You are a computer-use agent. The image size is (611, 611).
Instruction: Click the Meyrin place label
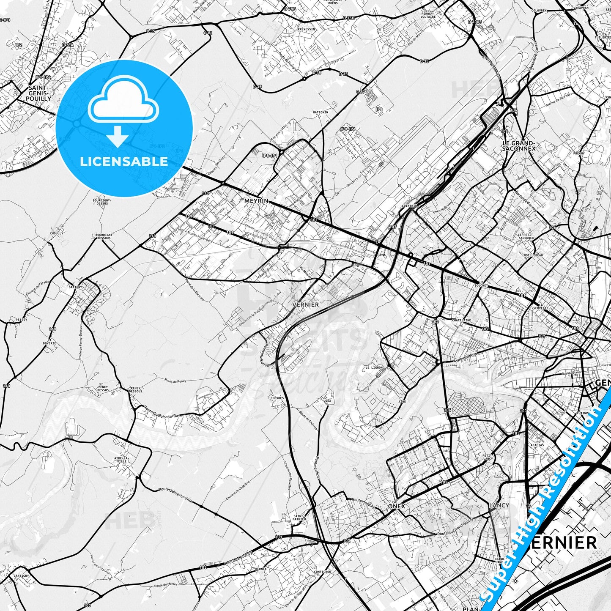tap(256, 201)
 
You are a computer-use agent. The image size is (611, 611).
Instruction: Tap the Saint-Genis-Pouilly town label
tap(39, 93)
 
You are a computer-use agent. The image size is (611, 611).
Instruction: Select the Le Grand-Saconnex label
tap(519, 146)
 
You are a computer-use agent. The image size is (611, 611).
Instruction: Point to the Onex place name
tap(397, 506)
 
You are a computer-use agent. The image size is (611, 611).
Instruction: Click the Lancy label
tap(499, 505)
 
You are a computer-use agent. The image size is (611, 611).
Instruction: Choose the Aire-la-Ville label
tap(121, 460)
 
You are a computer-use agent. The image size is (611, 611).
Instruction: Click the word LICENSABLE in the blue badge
tap(124, 162)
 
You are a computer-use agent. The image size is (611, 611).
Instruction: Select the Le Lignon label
tap(374, 367)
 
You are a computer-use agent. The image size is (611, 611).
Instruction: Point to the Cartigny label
tap(21, 575)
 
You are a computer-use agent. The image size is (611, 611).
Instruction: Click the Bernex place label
tap(261, 569)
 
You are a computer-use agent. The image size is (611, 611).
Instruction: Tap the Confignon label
tap(323, 572)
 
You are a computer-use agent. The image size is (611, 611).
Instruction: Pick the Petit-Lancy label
tap(488, 457)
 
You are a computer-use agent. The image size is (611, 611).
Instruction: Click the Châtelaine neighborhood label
tap(461, 321)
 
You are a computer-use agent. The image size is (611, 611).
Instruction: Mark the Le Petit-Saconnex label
tap(526, 236)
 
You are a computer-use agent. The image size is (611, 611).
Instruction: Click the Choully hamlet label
tap(57, 233)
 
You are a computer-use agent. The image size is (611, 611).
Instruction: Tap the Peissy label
tap(21, 320)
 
